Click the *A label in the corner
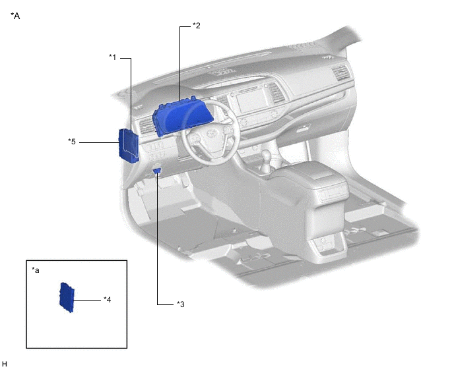15,16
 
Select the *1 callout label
112,57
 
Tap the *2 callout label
196,26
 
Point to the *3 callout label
181,304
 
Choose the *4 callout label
108,300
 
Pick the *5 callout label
72,142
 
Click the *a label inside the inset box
36,270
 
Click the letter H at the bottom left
5,364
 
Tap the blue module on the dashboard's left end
129,146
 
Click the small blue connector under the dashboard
157,171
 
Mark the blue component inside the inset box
67,297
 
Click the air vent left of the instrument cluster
147,126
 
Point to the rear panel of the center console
327,246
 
